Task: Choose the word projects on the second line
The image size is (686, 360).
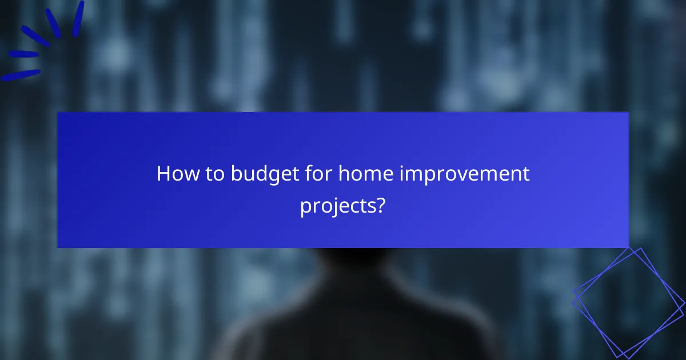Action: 337,205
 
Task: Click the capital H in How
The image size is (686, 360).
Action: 163,174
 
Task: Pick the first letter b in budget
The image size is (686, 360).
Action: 237,174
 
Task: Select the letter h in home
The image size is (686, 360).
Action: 344,174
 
